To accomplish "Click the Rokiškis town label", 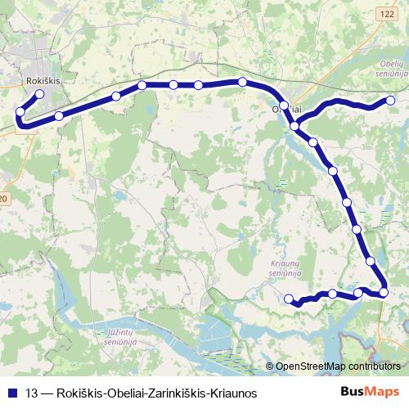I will click(44, 81).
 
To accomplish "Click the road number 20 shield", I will click(4, 199).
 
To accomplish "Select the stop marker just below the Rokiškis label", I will click(39, 94).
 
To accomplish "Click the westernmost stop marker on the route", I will click(20, 112).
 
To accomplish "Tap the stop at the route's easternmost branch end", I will click(390, 101).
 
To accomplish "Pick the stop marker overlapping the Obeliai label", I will click(284, 106).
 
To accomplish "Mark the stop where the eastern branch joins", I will click(294, 126).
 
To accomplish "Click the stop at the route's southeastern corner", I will click(384, 292).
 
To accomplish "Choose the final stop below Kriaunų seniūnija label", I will click(288, 299).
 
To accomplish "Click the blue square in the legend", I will click(11, 393).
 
